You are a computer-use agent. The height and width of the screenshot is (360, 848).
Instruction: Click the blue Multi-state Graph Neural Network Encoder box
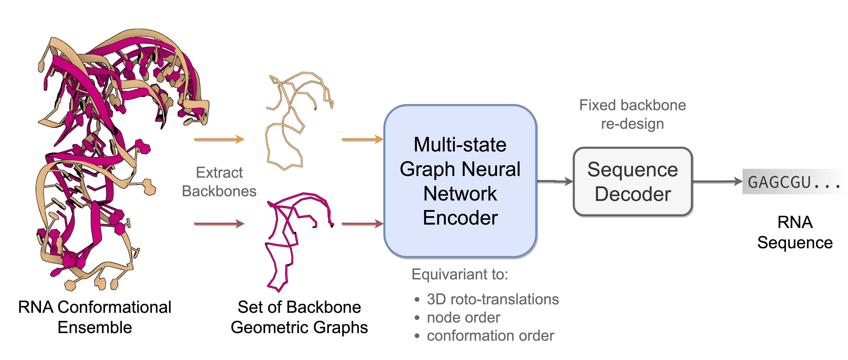tap(460, 181)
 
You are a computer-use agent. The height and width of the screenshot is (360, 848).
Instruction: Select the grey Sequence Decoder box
tap(633, 182)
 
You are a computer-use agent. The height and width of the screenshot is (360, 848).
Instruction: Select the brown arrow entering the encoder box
tap(362, 224)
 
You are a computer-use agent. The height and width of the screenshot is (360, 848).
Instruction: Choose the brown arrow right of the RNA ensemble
tap(219, 224)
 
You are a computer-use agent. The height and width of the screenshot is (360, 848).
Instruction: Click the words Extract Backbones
tap(219, 182)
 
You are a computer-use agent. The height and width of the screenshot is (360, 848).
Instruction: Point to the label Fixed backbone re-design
tap(632, 114)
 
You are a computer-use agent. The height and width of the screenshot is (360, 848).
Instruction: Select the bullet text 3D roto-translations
tap(492, 299)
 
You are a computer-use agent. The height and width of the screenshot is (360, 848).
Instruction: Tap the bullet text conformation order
tap(490, 336)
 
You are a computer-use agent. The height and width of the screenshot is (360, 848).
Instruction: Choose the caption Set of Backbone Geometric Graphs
tap(299, 317)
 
